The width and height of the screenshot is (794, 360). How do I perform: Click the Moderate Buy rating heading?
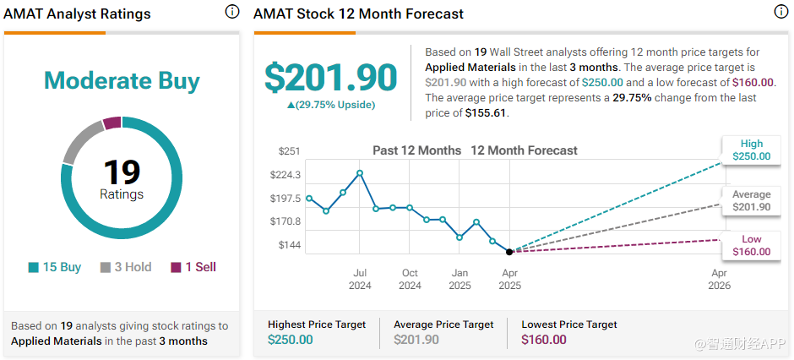(x=122, y=81)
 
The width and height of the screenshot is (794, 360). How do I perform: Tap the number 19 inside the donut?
(x=122, y=172)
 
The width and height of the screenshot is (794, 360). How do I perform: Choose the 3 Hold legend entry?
(x=126, y=267)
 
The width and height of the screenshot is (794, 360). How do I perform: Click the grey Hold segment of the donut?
(x=79, y=139)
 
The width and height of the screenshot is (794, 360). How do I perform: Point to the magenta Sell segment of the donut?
(x=111, y=123)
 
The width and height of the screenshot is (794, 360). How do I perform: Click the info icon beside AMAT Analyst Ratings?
(x=231, y=12)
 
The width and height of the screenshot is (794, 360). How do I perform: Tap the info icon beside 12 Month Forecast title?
(x=781, y=12)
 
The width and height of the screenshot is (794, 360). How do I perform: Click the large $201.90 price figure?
(x=330, y=78)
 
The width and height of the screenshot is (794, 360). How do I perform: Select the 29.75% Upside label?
(x=330, y=105)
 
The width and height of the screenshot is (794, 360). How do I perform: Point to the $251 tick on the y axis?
(x=290, y=151)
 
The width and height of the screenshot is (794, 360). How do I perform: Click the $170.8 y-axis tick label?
(x=286, y=221)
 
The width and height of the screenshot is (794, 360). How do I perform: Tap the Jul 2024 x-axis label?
(x=360, y=279)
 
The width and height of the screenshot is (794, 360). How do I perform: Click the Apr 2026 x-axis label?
(x=719, y=279)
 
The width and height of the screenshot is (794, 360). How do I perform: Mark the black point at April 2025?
(x=508, y=252)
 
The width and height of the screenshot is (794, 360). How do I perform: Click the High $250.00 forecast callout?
(x=751, y=150)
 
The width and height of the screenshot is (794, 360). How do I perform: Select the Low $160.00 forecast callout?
(x=751, y=245)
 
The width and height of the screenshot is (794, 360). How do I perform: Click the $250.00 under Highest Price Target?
(x=290, y=340)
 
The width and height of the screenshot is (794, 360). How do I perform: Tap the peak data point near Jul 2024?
(x=360, y=173)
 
